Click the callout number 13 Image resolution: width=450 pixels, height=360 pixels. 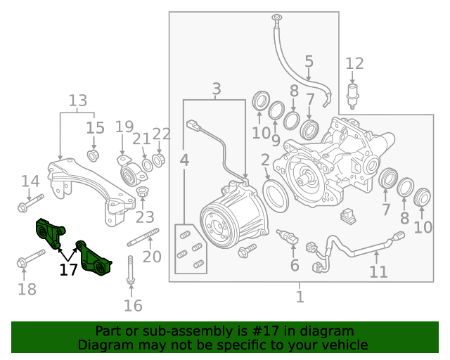point(77,101)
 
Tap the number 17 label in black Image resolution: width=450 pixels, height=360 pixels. point(68,269)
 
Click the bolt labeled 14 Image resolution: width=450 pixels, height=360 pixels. point(30,205)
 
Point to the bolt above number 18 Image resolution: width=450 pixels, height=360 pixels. point(31,263)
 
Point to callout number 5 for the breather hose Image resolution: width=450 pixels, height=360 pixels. point(309,62)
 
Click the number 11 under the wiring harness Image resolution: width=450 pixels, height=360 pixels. point(378,271)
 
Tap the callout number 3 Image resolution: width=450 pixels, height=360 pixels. point(216,89)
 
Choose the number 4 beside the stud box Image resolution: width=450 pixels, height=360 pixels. point(184,161)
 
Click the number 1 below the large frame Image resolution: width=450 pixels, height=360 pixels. point(300,297)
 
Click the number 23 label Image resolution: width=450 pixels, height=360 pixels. point(144,217)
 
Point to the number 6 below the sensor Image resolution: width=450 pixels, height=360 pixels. point(295,265)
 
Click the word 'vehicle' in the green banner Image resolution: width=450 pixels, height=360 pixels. point(343,345)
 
